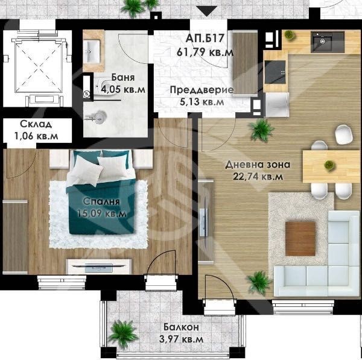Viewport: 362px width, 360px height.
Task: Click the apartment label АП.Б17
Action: click(x=205, y=38)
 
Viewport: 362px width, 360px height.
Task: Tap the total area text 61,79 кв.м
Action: click(x=205, y=52)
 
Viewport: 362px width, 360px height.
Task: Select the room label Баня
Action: click(x=123, y=78)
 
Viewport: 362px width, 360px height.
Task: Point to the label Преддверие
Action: click(x=202, y=90)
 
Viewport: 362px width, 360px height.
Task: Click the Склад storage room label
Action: click(x=36, y=124)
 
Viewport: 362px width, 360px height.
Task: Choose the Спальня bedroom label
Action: click(x=101, y=201)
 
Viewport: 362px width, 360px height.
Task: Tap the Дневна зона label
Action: click(x=258, y=165)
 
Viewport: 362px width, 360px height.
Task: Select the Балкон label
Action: click(x=181, y=327)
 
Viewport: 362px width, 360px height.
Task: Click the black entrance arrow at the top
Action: click(x=208, y=11)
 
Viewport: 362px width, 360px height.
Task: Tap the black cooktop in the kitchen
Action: click(x=275, y=72)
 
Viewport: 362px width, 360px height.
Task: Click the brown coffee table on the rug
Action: click(x=300, y=239)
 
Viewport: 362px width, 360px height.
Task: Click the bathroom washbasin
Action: click(x=92, y=51)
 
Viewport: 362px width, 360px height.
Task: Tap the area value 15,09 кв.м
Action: click(x=102, y=213)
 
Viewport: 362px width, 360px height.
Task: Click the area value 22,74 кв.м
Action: click(x=258, y=177)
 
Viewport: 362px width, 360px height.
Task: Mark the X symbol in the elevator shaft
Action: click(x=39, y=67)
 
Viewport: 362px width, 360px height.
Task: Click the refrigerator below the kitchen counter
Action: click(x=277, y=104)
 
